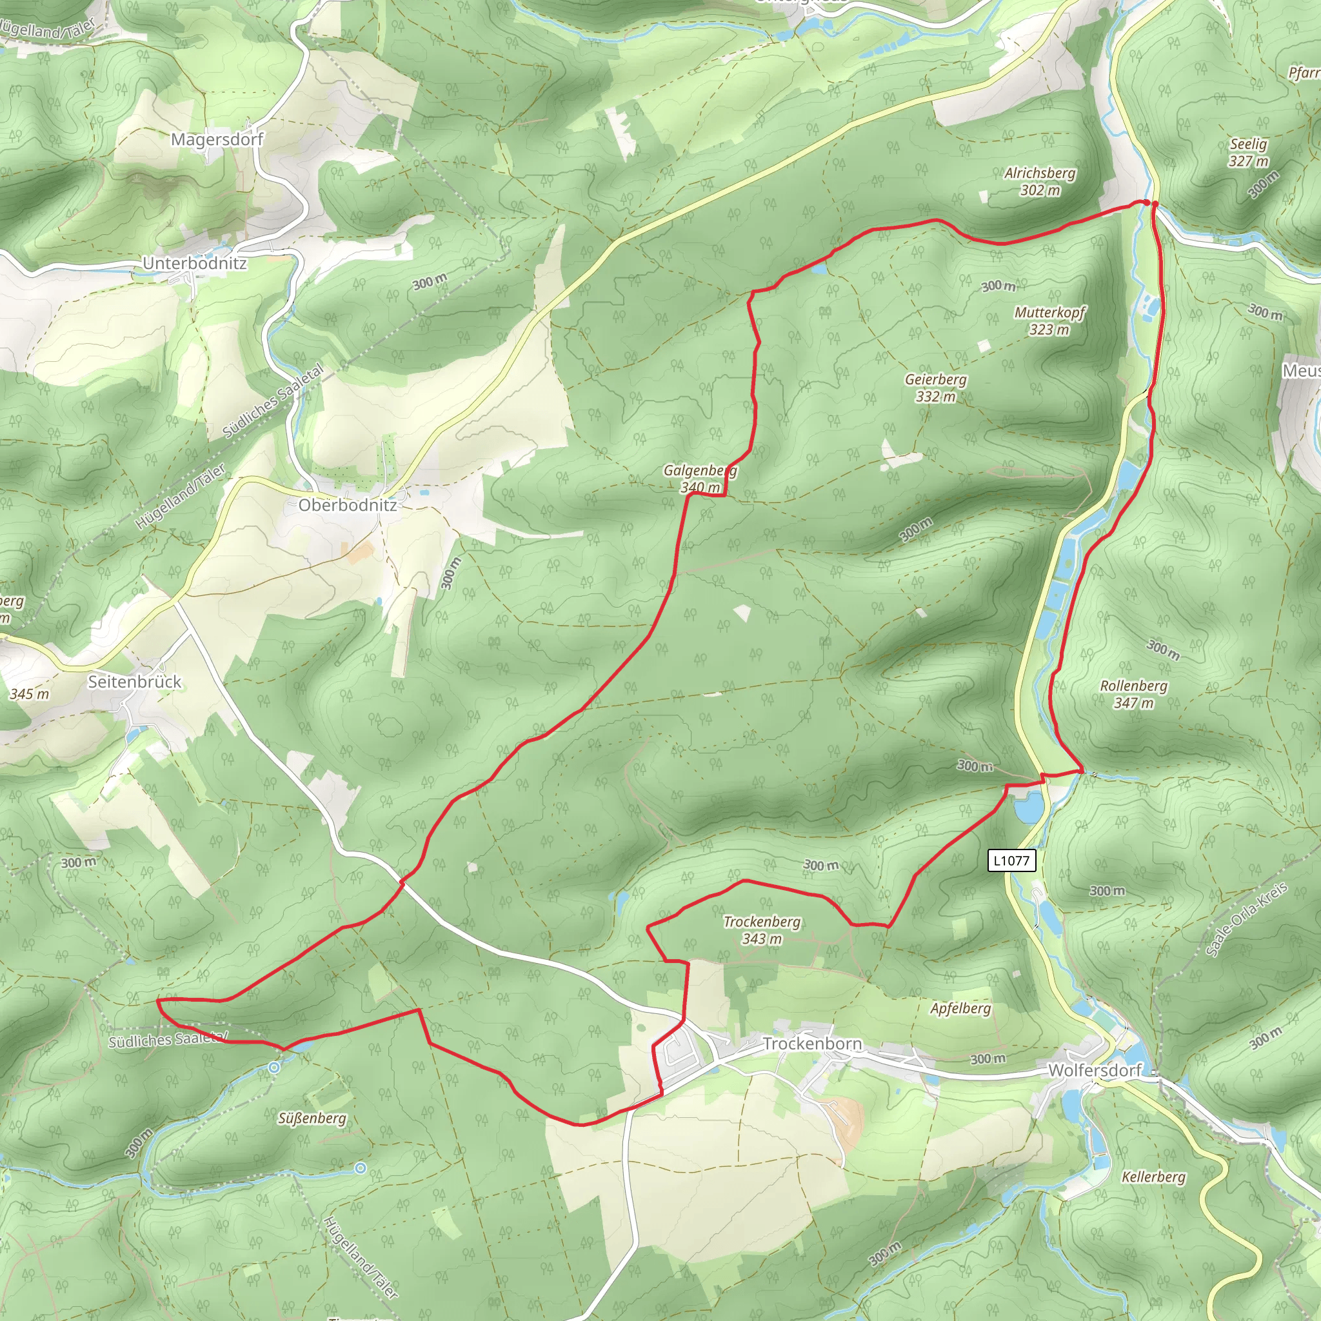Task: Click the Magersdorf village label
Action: pos(217,139)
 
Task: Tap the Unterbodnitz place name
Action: pos(195,263)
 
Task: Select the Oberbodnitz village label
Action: pos(348,505)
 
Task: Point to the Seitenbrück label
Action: pos(135,682)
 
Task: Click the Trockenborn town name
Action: pos(812,1044)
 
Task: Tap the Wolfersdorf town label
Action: pos(1095,1070)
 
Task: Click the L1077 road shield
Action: pos(1011,860)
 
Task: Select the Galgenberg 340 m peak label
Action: pos(700,479)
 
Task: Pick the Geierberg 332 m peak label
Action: pos(935,388)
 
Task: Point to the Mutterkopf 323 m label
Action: pos(1049,321)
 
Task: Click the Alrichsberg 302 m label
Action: pos(1040,181)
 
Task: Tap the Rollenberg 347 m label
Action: pos(1134,694)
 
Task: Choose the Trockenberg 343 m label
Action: pos(762,930)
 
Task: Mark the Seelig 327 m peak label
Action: pos(1249,152)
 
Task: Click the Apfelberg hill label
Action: pos(960,1009)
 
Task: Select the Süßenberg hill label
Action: pos(312,1118)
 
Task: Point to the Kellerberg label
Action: pos(1153,1177)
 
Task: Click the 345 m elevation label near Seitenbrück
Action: pos(30,694)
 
